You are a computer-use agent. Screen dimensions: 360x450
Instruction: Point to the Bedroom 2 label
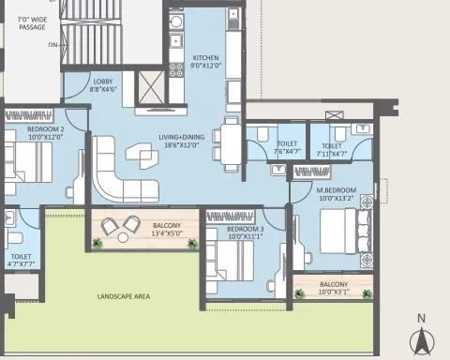45,131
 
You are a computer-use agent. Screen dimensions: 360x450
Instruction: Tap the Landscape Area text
125,298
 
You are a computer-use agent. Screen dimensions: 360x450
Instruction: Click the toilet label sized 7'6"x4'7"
288,149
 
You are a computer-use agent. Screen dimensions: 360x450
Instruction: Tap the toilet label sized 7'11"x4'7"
333,149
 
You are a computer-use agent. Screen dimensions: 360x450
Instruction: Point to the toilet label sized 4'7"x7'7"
21,260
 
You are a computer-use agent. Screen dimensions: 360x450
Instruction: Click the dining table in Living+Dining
229,143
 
